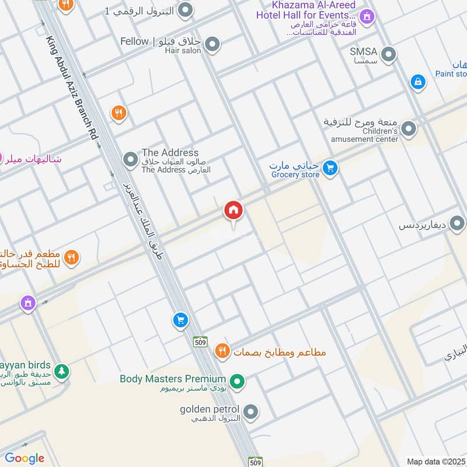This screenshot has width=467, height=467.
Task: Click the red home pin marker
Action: (x=233, y=211)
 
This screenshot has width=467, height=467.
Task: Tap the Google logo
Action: (x=24, y=458)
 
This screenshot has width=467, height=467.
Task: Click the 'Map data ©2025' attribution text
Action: (x=436, y=461)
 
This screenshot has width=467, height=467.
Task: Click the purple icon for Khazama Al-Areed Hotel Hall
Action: (x=366, y=16)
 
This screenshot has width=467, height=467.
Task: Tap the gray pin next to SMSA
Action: (x=389, y=54)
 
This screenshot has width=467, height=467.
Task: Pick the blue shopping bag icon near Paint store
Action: (x=418, y=82)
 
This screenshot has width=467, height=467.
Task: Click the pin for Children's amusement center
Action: (x=409, y=128)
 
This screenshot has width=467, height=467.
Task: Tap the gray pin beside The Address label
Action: (x=130, y=159)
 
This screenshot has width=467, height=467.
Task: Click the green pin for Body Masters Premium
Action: (x=237, y=382)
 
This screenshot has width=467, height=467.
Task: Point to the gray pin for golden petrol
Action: (x=251, y=412)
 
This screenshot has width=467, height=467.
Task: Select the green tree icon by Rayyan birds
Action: (x=61, y=371)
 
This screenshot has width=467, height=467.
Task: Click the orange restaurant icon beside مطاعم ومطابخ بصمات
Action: (x=222, y=351)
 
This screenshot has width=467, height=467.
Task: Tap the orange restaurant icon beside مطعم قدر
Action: (x=72, y=257)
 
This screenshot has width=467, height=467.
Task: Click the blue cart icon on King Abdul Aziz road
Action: (x=180, y=320)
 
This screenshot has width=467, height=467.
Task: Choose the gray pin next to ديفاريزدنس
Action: (x=457, y=223)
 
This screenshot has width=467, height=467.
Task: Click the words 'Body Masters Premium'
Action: (x=173, y=379)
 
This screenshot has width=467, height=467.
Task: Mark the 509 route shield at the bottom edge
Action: (x=255, y=462)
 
